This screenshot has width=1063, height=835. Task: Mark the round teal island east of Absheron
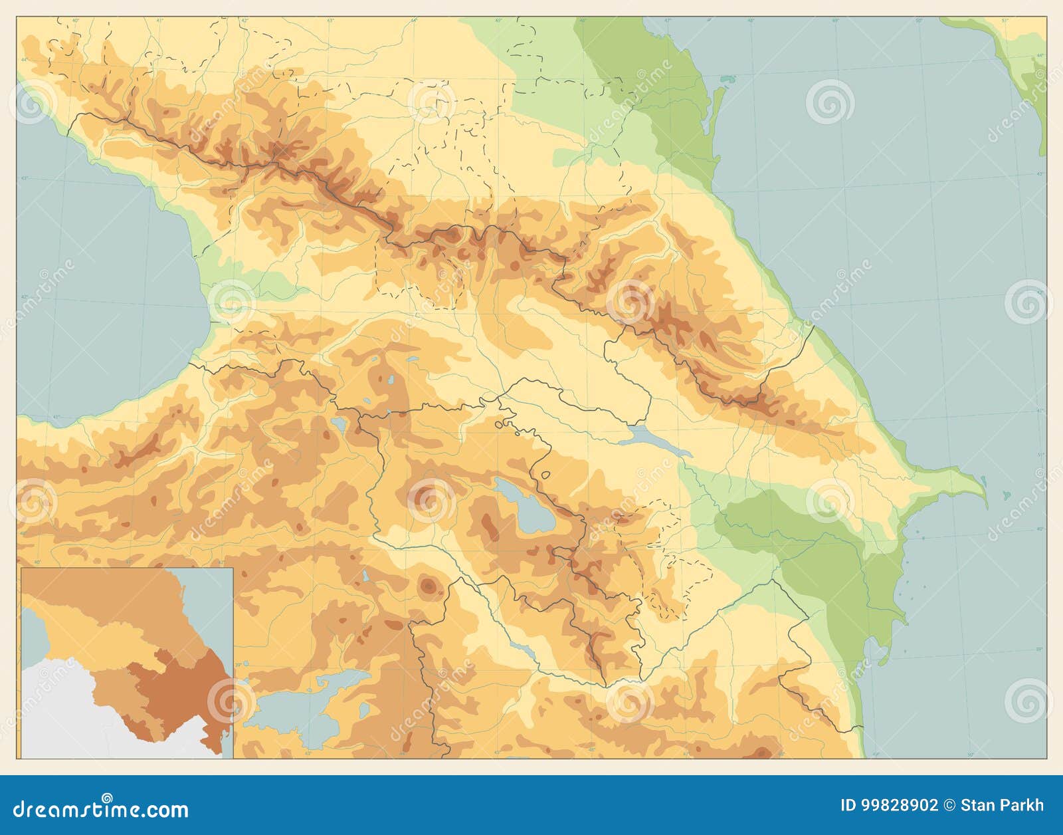[x=1008, y=495]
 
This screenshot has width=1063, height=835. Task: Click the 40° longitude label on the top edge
[x=75, y=21]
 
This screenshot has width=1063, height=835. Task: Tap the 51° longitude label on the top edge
[x=1005, y=21]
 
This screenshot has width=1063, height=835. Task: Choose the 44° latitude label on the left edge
[x=24, y=60]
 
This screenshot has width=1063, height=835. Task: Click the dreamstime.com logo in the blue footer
[x=101, y=809]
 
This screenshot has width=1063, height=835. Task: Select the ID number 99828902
[x=900, y=806]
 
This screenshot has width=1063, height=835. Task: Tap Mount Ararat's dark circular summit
[x=429, y=584]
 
